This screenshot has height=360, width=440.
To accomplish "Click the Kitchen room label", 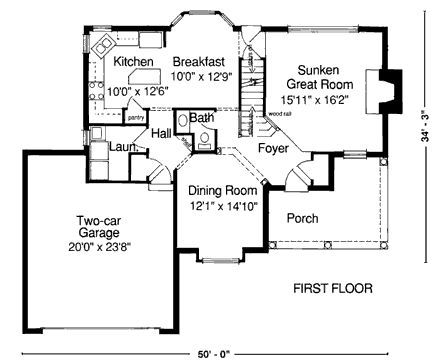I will click(x=133, y=61).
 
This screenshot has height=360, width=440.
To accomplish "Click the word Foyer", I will click(x=273, y=148).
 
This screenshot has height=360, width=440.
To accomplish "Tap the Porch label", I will click(x=302, y=218).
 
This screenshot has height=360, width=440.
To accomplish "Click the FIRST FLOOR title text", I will click(x=332, y=290).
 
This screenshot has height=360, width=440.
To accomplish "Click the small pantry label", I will click(x=136, y=116).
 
